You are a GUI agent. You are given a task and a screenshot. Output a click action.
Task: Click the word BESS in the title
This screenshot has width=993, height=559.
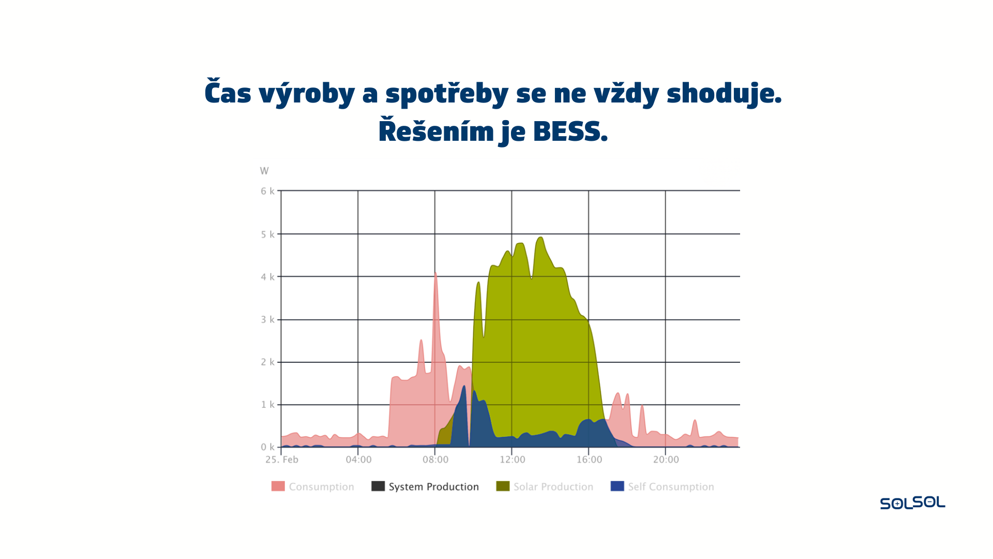(x=570, y=131)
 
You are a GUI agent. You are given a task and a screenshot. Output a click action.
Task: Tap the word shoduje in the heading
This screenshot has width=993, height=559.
(x=724, y=94)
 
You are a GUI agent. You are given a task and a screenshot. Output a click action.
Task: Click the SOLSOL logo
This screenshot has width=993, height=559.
(x=912, y=503)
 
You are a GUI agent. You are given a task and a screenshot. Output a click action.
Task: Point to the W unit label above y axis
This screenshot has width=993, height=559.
(x=264, y=171)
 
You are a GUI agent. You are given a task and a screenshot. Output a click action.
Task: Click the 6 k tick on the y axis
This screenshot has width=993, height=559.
(x=267, y=191)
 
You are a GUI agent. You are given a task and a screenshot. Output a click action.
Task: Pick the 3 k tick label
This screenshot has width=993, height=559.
(x=267, y=319)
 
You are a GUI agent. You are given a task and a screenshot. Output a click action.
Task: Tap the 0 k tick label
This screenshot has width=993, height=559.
(x=267, y=447)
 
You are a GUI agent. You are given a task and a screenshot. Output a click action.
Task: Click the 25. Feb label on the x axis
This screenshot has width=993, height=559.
(x=282, y=460)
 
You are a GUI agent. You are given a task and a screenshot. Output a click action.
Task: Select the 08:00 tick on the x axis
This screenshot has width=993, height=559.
(x=435, y=460)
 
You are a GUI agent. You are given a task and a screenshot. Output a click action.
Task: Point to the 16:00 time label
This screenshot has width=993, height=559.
(x=589, y=460)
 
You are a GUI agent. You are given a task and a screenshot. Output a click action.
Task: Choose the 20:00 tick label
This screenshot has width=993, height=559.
(x=666, y=460)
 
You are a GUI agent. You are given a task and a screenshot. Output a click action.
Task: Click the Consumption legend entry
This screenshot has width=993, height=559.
(x=313, y=487)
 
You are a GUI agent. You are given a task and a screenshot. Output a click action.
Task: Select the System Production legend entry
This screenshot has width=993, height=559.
(x=425, y=487)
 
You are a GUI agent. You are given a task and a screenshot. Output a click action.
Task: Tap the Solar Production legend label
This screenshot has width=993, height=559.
(x=553, y=487)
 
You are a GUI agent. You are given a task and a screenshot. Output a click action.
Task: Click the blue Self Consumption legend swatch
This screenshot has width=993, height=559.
(x=617, y=486)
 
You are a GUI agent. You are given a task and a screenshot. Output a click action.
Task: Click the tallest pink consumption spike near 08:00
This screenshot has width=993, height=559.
(x=435, y=273)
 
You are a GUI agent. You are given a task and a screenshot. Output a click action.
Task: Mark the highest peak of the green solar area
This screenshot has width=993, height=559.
(x=541, y=238)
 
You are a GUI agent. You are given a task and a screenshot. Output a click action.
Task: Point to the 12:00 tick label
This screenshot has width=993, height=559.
(x=513, y=460)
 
